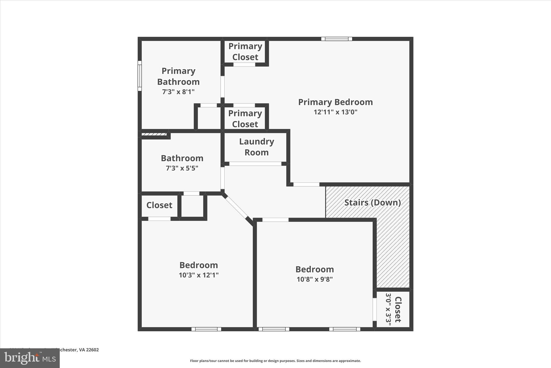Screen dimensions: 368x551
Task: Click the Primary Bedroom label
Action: coord(335,102)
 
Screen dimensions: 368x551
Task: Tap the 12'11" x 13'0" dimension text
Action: coord(335,112)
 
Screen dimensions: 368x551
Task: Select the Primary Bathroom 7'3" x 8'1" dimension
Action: coord(178,92)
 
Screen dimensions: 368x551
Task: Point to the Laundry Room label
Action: coord(256,147)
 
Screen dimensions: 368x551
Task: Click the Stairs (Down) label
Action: coord(372,202)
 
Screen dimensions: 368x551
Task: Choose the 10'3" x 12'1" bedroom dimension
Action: coord(199,275)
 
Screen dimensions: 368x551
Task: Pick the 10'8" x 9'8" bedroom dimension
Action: coord(315,279)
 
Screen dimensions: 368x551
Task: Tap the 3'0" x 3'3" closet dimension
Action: coord(388,309)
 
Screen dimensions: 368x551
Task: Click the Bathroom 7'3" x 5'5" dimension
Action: coord(182,168)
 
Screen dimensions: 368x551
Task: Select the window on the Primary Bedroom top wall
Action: coord(337,39)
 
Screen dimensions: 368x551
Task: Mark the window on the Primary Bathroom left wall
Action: coord(140,76)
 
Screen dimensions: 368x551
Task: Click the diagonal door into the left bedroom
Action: coord(236,207)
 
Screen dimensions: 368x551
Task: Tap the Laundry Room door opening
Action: coord(255,164)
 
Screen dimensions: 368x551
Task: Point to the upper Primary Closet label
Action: coord(245,52)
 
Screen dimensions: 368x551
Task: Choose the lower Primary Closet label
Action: coord(245,119)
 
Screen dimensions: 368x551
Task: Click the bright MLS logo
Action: coord(30,358)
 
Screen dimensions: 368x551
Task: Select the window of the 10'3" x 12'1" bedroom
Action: coord(206,329)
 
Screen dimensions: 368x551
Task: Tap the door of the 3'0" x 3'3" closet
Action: coord(375,309)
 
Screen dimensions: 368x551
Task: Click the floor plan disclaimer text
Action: coord(275,361)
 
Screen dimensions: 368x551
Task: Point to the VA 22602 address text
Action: coord(89,350)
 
